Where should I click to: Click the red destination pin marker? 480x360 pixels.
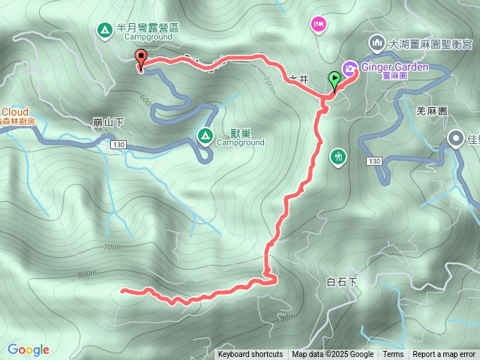[x=140, y=58]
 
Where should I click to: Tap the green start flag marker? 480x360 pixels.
[x=334, y=77]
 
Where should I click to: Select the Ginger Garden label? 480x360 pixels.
[x=395, y=67]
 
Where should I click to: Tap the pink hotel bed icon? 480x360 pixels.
[x=318, y=25]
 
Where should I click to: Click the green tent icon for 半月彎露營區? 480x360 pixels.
[x=103, y=30]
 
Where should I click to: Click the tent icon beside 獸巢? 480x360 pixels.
[x=204, y=135]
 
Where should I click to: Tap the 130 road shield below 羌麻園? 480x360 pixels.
[x=376, y=161]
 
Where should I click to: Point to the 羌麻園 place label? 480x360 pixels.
[x=431, y=110]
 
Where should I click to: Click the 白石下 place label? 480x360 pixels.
[x=343, y=282]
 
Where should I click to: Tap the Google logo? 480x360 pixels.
[x=28, y=349]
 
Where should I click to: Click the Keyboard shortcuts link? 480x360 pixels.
[x=250, y=355]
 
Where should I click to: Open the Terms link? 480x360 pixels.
[x=393, y=355]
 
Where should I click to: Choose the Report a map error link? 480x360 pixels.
[x=445, y=355]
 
